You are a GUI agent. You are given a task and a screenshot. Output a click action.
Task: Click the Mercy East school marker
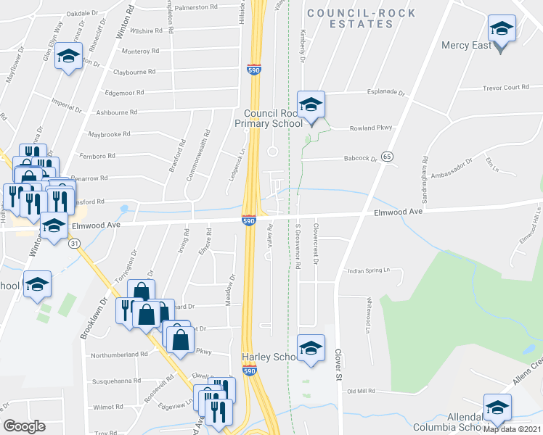point(501,30)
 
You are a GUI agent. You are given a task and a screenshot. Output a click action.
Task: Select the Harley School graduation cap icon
point(311,349)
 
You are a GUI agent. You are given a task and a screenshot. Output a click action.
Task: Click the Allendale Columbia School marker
point(497,409)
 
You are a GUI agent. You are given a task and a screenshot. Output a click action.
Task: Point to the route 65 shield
point(388,157)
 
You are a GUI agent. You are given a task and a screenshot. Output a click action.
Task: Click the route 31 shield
point(74,244)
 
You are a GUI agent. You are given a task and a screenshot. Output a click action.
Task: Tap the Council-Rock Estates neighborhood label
point(362,19)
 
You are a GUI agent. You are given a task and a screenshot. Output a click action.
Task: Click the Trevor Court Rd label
point(506,88)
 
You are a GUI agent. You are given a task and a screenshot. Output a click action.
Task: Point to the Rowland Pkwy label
point(371,128)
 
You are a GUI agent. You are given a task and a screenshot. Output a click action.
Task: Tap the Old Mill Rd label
point(361,391)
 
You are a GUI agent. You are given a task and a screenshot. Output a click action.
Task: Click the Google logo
point(24,426)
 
